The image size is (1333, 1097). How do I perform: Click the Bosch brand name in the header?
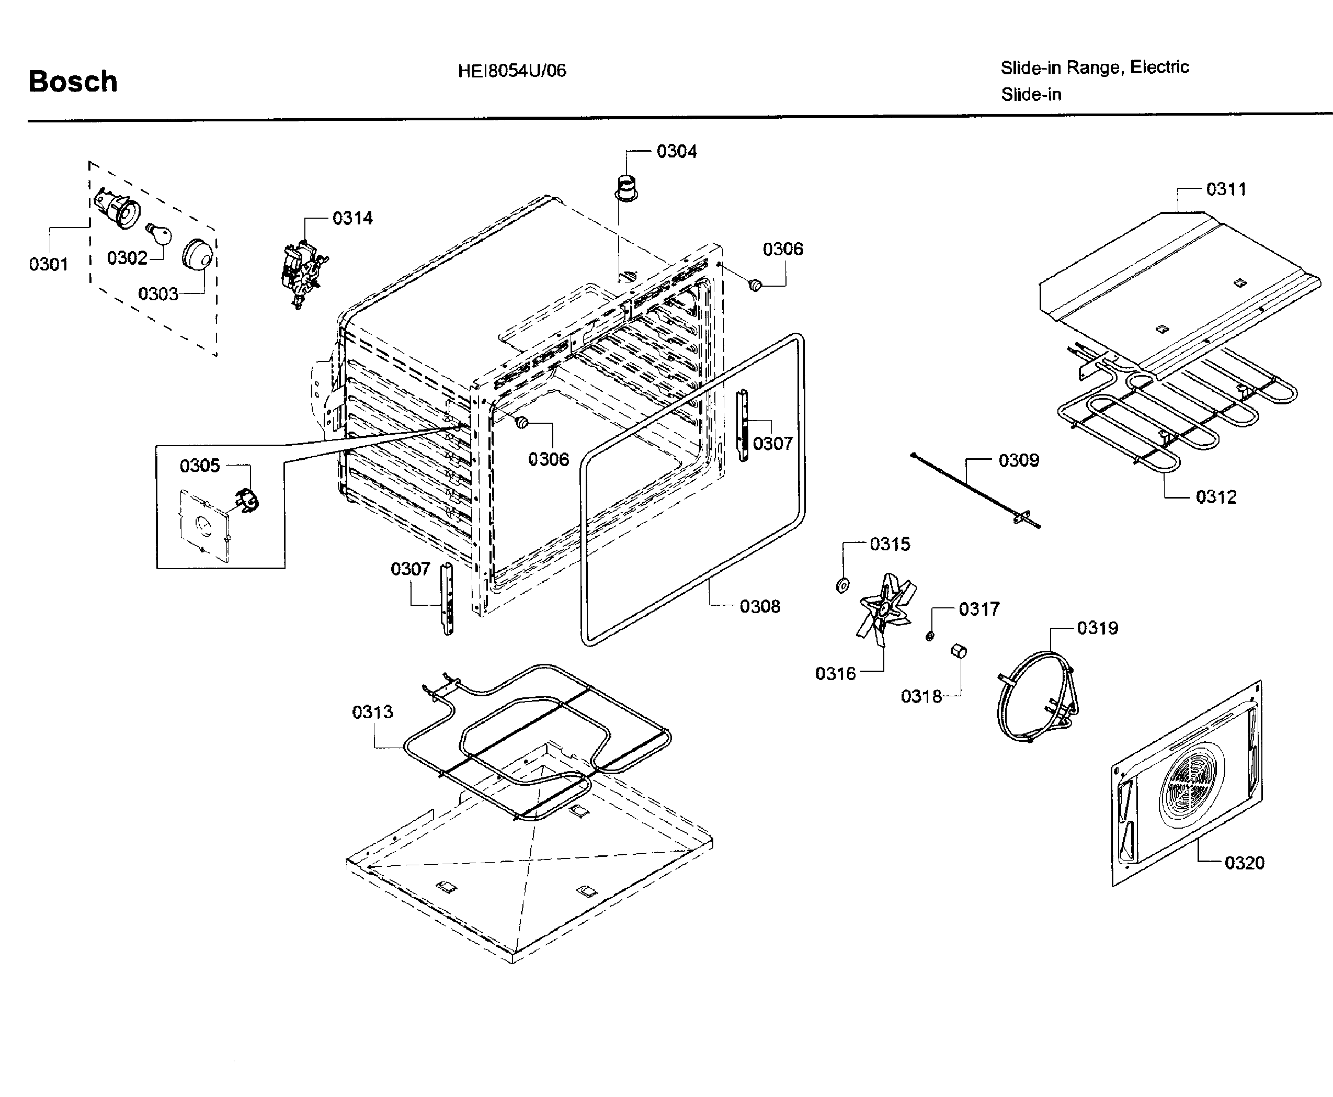pyautogui.click(x=73, y=82)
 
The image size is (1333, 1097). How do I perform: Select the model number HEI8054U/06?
pyautogui.click(x=512, y=71)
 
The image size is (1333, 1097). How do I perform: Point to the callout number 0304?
pyautogui.click(x=676, y=152)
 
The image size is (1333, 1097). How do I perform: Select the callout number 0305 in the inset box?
pyautogui.click(x=200, y=466)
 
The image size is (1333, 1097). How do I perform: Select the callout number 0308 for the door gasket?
pyautogui.click(x=759, y=607)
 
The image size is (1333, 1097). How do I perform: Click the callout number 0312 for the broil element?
pyautogui.click(x=1215, y=497)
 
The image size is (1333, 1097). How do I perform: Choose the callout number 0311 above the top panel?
pyautogui.click(x=1226, y=189)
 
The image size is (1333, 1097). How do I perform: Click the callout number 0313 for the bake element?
pyautogui.click(x=372, y=712)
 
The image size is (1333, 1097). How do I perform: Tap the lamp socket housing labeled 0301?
pyautogui.click(x=116, y=209)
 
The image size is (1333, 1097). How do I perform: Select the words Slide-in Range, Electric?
pyautogui.click(x=1094, y=67)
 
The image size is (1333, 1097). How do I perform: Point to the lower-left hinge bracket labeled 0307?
pyautogui.click(x=447, y=599)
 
